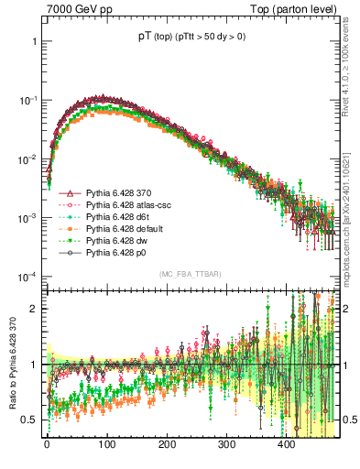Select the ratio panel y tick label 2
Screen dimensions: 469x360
[35, 309]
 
